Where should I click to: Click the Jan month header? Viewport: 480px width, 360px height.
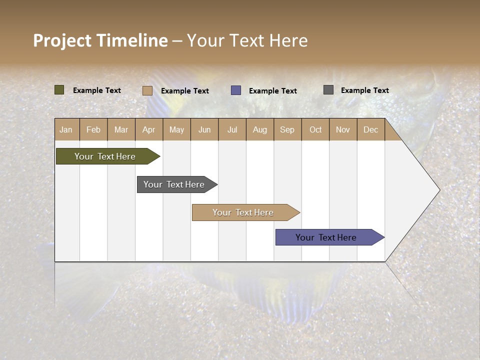click(x=66, y=129)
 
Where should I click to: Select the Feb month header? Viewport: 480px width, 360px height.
click(x=93, y=129)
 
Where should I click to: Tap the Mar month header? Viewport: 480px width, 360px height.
click(x=121, y=129)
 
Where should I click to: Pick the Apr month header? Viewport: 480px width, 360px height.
click(x=149, y=129)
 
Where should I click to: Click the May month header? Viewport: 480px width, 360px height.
click(x=176, y=129)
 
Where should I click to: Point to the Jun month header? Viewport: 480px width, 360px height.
click(x=204, y=129)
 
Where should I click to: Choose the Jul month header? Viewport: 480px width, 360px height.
click(x=232, y=129)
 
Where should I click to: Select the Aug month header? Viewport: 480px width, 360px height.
click(x=260, y=129)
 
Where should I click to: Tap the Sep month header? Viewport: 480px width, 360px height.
click(x=287, y=129)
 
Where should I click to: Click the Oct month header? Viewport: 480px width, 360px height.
click(x=315, y=129)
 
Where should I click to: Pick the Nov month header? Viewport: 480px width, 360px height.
click(x=343, y=129)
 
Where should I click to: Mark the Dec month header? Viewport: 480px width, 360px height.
click(x=371, y=129)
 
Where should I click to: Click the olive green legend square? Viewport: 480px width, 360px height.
click(x=59, y=90)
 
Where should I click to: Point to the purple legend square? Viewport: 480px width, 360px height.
click(x=236, y=90)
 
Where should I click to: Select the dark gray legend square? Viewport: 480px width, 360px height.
click(x=328, y=90)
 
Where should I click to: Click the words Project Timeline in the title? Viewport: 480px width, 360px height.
click(x=100, y=40)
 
